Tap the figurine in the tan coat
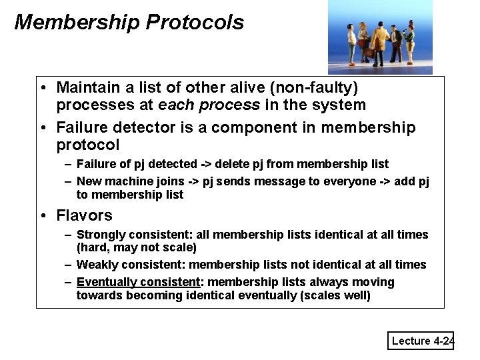coord(376,44)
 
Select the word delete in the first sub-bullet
coord(250,164)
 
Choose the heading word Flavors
coord(85,215)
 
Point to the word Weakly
coord(97,265)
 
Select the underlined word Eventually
coord(105,282)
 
